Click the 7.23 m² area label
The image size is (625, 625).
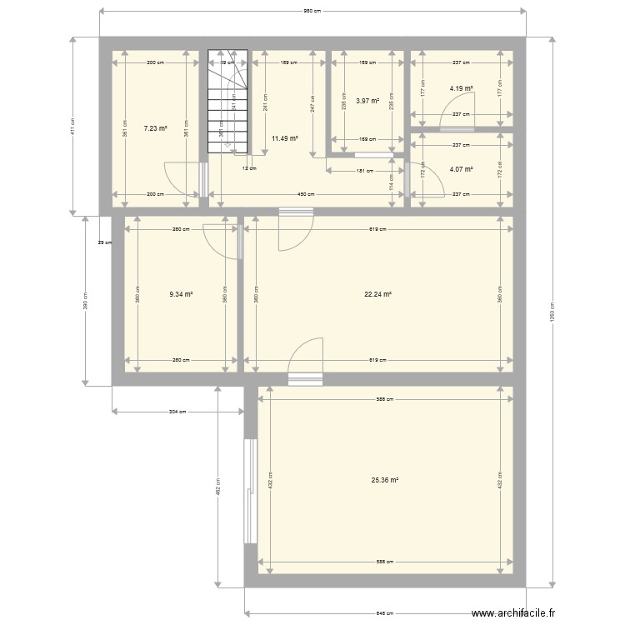pyautogui.click(x=156, y=128)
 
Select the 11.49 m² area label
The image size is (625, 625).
pyautogui.click(x=284, y=139)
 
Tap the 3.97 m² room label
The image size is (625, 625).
pyautogui.click(x=367, y=101)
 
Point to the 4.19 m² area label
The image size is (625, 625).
pyautogui.click(x=461, y=88)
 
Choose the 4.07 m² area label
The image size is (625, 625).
pyautogui.click(x=461, y=170)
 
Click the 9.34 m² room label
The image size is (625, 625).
pyautogui.click(x=181, y=293)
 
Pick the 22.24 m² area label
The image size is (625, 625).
pyautogui.click(x=377, y=293)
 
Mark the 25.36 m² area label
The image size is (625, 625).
pyautogui.click(x=384, y=480)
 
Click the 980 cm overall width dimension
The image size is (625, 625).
pyautogui.click(x=312, y=11)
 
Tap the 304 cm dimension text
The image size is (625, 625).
pyautogui.click(x=177, y=411)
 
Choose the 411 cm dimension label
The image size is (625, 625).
pyautogui.click(x=72, y=125)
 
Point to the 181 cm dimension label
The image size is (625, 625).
pyautogui.click(x=359, y=171)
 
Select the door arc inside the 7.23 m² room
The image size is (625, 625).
pyautogui.click(x=181, y=178)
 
